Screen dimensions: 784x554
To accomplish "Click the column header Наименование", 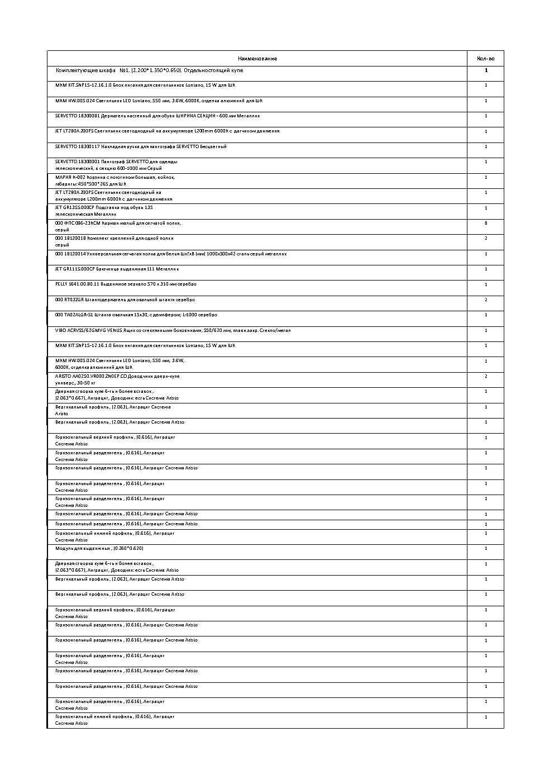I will pyautogui.click(x=257, y=59).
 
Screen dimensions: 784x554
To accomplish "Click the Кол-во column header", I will pyautogui.click(x=485, y=59).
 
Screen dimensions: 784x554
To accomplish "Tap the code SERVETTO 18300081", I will pyautogui.click(x=77, y=116).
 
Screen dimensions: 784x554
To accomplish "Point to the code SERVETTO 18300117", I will pyautogui.click(x=77, y=147).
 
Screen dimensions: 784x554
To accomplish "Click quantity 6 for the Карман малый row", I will pyautogui.click(x=486, y=224).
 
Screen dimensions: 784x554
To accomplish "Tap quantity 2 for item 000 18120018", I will pyautogui.click(x=486, y=239).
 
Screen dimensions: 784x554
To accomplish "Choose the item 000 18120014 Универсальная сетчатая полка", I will pyautogui.click(x=170, y=254).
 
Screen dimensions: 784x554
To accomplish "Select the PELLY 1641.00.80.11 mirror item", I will pyautogui.click(x=126, y=284).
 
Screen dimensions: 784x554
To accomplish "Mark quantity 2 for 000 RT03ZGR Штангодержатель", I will pyautogui.click(x=486, y=300).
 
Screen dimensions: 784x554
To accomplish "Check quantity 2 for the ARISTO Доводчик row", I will pyautogui.click(x=486, y=377).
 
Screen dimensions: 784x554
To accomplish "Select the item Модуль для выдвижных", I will pyautogui.click(x=99, y=549).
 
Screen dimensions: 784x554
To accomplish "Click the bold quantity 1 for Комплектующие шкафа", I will pyautogui.click(x=486, y=71).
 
